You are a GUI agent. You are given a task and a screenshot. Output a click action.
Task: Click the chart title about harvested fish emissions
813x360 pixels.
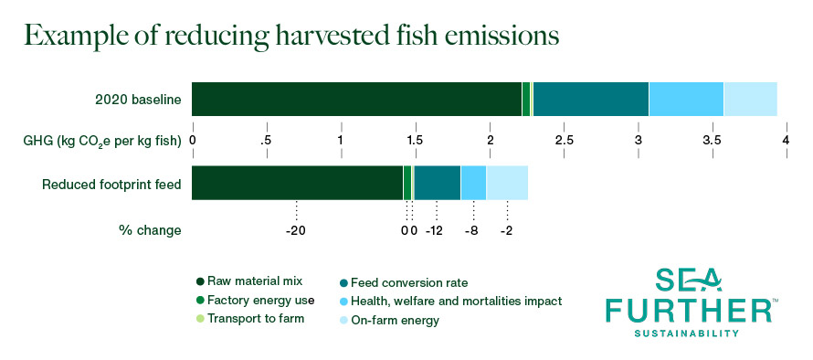291,37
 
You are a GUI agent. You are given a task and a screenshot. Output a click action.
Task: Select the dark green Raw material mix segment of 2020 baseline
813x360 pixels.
357,99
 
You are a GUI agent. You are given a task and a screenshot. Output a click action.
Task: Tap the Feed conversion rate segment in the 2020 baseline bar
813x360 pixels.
591,99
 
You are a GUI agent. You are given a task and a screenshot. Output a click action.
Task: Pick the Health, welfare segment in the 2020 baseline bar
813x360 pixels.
687,99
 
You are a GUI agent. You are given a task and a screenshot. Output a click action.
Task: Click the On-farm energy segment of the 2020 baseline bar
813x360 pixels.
751,99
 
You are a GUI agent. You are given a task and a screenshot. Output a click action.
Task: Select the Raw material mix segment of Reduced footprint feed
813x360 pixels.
298,183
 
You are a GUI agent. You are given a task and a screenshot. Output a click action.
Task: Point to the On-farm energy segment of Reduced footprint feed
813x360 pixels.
507,183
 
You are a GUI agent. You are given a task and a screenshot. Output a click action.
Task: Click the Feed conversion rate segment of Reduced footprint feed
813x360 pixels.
438,183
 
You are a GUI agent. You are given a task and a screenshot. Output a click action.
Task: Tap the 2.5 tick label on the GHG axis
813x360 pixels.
565,140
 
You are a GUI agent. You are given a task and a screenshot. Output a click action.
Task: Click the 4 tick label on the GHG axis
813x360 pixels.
786,140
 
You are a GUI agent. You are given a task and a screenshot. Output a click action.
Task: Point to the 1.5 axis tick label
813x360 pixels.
416,140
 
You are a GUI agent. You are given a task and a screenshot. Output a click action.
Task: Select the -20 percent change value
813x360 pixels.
296,231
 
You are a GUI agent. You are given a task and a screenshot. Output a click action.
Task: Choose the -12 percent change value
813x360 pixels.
434,231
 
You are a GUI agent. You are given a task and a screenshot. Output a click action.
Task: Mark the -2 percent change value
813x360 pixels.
507,231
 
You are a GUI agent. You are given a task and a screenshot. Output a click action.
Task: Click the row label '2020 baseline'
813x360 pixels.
138,100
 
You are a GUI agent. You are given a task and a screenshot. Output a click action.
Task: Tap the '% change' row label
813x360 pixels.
151,231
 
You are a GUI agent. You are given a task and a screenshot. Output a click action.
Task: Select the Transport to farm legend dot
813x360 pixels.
200,318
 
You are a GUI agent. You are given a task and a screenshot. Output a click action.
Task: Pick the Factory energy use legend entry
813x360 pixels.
255,300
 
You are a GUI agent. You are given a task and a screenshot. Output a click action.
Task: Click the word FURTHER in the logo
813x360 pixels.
690,310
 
